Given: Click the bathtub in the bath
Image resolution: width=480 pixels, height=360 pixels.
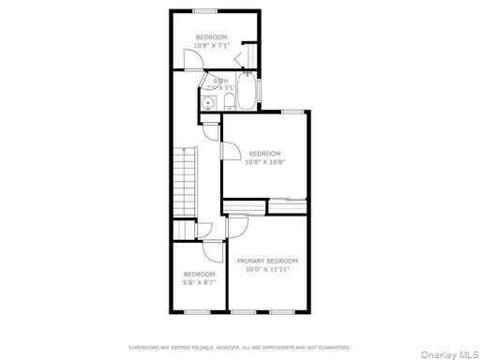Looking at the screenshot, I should pyautogui.click(x=247, y=93).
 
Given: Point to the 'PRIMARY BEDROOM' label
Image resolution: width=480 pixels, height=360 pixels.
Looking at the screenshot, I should pyautogui.click(x=267, y=261).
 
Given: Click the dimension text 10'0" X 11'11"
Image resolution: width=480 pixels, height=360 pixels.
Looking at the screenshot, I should pyautogui.click(x=267, y=269).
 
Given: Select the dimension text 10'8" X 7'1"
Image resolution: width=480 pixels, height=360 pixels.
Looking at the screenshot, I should pyautogui.click(x=210, y=45).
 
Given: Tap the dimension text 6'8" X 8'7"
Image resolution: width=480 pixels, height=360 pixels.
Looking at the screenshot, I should pyautogui.click(x=199, y=281).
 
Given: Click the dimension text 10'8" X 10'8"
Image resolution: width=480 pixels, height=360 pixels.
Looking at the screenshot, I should pyautogui.click(x=265, y=161).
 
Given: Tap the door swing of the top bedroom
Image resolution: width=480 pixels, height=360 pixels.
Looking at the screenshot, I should pyautogui.click(x=191, y=61).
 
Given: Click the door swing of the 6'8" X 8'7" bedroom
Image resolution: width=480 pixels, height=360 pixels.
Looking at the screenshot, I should pyautogui.click(x=212, y=250).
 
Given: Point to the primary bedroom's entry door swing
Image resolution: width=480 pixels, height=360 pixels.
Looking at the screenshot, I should pyautogui.click(x=238, y=224).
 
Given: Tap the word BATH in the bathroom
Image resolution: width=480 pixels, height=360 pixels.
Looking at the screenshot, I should pyautogui.click(x=220, y=82).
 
